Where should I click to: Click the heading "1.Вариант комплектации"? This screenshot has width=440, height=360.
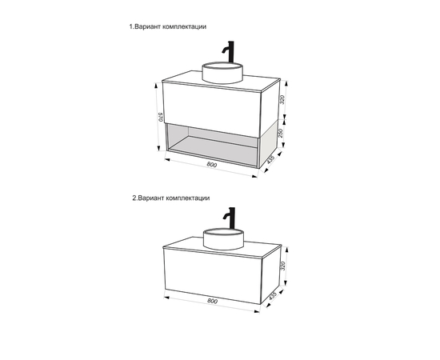click(167, 26)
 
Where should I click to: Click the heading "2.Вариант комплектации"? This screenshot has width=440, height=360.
click(171, 198)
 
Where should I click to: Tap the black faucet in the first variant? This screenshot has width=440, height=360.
click(230, 52)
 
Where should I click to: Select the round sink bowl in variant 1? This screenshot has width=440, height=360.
click(222, 73)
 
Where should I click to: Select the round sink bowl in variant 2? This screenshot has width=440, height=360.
click(224, 239)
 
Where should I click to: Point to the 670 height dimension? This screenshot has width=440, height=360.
click(160, 117)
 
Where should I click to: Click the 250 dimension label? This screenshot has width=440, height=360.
click(280, 133)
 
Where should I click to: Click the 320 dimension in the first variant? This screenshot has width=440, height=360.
click(282, 100)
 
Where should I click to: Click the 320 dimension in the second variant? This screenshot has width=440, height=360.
click(283, 266)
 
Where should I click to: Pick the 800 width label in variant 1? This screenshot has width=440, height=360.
click(212, 165)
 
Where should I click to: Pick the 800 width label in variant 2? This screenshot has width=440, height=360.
click(213, 301)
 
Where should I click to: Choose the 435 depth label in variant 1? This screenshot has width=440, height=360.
click(270, 159)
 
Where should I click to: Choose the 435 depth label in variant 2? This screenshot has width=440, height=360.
click(273, 295)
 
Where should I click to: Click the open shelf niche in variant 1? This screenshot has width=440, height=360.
click(212, 146)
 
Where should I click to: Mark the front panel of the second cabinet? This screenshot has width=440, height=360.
click(213, 275)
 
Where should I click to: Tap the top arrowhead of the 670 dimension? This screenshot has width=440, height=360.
click(156, 85)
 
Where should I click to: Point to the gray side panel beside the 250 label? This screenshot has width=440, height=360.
click(269, 144)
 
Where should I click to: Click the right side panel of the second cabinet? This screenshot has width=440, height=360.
click(271, 275)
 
